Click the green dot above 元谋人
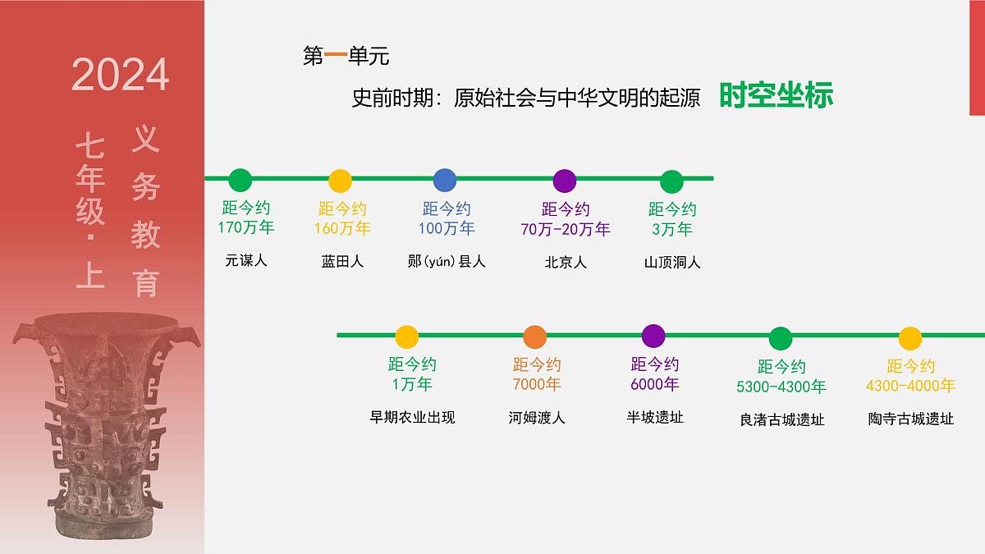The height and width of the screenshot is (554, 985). [x=240, y=180]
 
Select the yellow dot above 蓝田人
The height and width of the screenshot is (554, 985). [x=340, y=181]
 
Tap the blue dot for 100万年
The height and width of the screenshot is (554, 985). [x=444, y=180]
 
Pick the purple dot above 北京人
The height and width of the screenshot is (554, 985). [x=565, y=181]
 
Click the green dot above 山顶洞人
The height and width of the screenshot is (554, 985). [x=671, y=181]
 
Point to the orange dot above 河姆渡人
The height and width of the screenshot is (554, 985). [x=534, y=337]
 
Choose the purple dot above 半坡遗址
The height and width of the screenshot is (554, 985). [x=653, y=336]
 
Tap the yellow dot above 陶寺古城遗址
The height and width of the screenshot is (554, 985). [x=910, y=338]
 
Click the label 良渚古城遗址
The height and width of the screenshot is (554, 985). [x=781, y=419]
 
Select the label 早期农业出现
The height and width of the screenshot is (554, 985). [x=412, y=417]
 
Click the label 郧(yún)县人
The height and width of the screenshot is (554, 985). [x=447, y=262]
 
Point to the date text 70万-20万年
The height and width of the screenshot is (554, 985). [x=566, y=229]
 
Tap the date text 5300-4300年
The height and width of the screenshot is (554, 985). [x=781, y=386]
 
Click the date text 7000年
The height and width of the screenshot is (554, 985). [x=537, y=384]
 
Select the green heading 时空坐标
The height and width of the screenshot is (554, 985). [x=776, y=96]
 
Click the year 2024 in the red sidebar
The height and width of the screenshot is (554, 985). [x=121, y=75]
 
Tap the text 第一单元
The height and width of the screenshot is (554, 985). [x=346, y=57]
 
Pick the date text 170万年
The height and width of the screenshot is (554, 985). [x=246, y=227]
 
